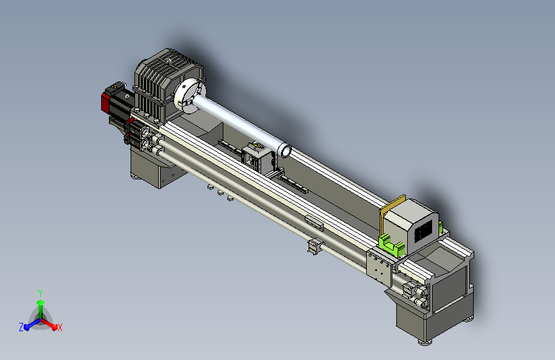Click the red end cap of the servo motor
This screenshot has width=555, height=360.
tap(105, 101)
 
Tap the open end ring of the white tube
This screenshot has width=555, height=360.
tap(285, 151)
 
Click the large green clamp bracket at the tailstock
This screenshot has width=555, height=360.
tap(390, 245)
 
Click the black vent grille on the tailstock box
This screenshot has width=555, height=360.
tap(424, 231)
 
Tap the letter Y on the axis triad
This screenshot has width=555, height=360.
tap(40, 293)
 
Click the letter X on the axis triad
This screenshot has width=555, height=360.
tap(60, 327)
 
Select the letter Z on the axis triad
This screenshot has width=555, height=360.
tap(21, 327)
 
